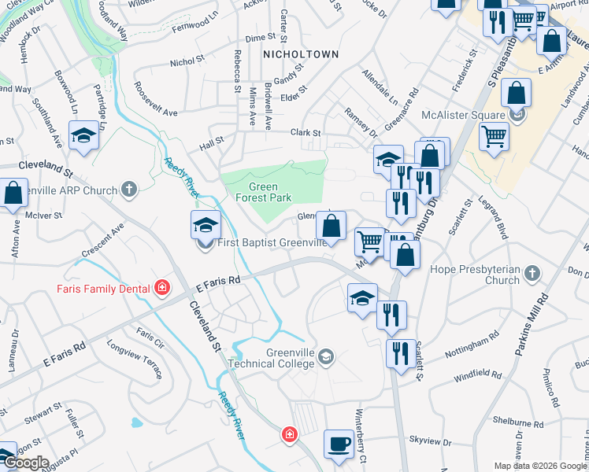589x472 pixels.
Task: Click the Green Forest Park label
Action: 270,193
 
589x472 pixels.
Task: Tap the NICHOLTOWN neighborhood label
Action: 300,54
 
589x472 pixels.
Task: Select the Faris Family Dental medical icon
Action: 161,288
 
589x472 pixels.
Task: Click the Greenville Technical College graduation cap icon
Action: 325,359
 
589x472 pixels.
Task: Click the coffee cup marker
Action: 339,443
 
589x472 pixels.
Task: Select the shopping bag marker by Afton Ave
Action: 13,192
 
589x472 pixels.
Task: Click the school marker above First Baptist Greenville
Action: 205,226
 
